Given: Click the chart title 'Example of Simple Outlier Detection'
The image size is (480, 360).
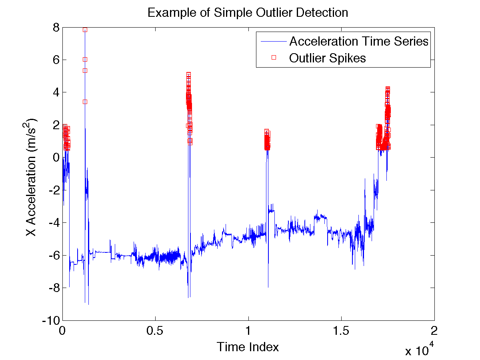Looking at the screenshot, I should point(248,12).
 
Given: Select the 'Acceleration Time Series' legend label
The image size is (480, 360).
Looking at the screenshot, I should point(359,41).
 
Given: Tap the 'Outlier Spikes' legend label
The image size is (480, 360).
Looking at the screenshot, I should point(327,58).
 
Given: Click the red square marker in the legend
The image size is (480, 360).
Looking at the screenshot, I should point(274,58).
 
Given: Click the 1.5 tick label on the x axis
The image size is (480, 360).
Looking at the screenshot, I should point(341,332).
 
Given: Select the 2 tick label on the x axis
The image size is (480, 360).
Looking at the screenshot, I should point(434,332).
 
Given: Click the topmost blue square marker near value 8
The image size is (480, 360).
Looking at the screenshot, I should point(85,30).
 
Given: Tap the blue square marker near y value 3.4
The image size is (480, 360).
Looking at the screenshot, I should point(85,102).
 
